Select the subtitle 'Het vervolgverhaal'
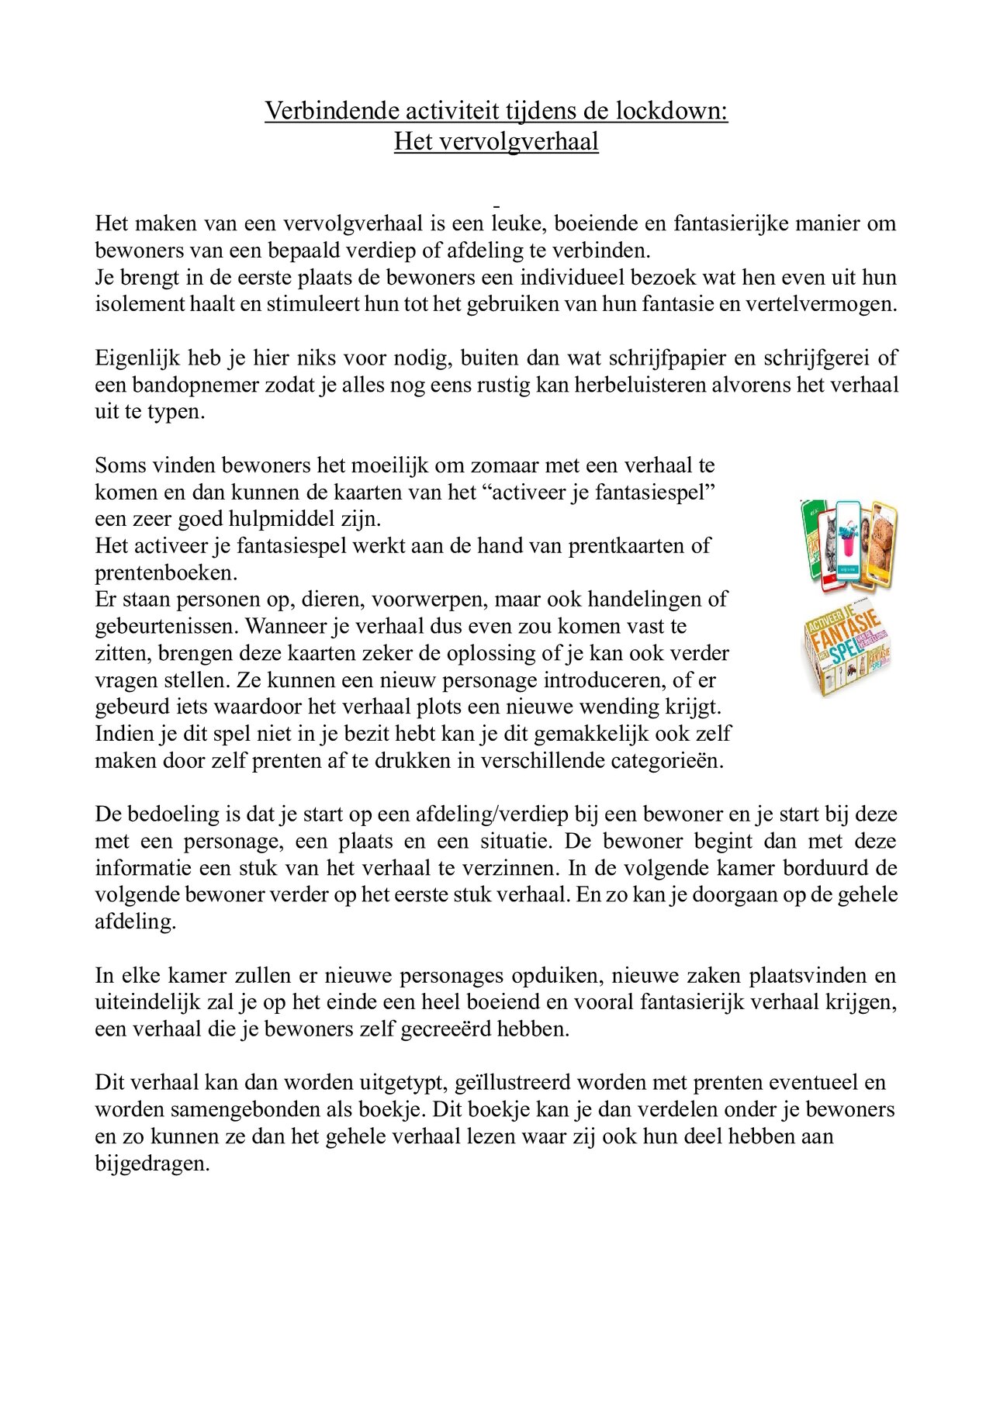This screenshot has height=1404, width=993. [x=496, y=142]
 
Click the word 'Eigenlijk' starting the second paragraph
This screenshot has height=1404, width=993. [x=137, y=358]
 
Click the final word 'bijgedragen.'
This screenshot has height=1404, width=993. [x=152, y=1164]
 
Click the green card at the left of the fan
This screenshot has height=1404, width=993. [x=811, y=543]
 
